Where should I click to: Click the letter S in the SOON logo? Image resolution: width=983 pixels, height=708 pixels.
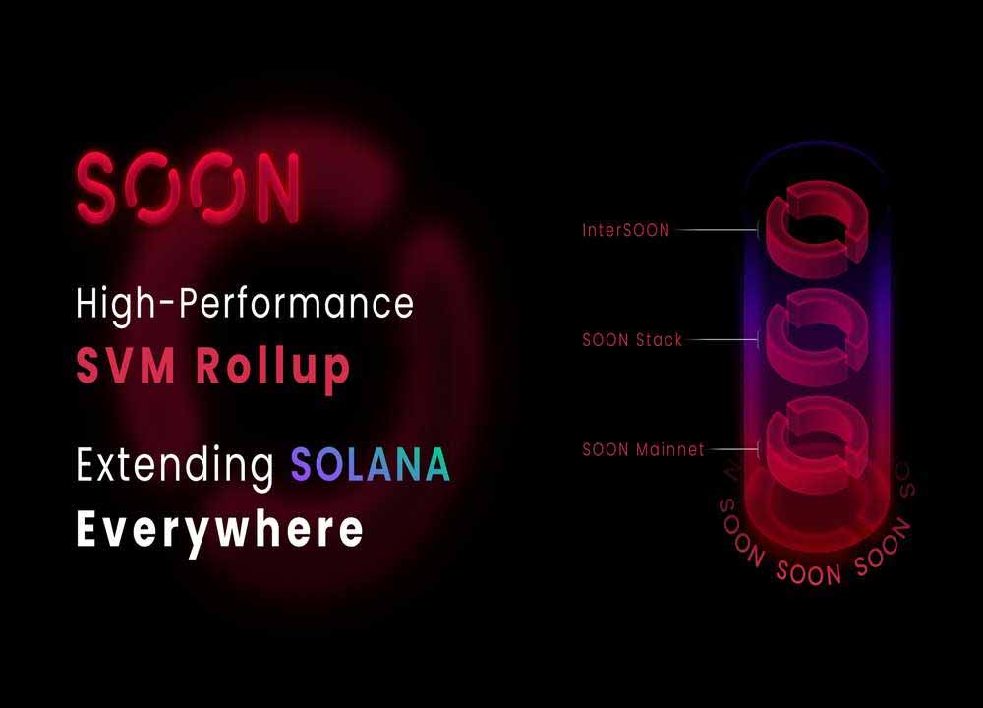coord(97,188)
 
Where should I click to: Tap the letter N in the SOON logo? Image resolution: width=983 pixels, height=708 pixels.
coord(275,188)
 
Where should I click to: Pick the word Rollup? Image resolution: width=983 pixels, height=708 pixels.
coord(272,369)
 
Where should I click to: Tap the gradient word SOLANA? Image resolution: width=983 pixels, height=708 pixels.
coord(370,464)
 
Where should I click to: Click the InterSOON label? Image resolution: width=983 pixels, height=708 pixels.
coord(625,230)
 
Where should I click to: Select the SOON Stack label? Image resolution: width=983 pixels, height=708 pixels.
coord(632,340)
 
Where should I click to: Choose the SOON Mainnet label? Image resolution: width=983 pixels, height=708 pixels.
coord(643,449)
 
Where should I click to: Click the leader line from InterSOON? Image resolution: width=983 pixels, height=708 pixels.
coord(718,230)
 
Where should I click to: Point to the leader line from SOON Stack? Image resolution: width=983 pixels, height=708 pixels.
coord(723,340)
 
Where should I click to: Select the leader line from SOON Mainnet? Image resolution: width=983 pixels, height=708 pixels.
coord(733,449)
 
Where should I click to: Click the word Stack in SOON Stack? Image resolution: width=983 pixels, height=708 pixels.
coord(659,340)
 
